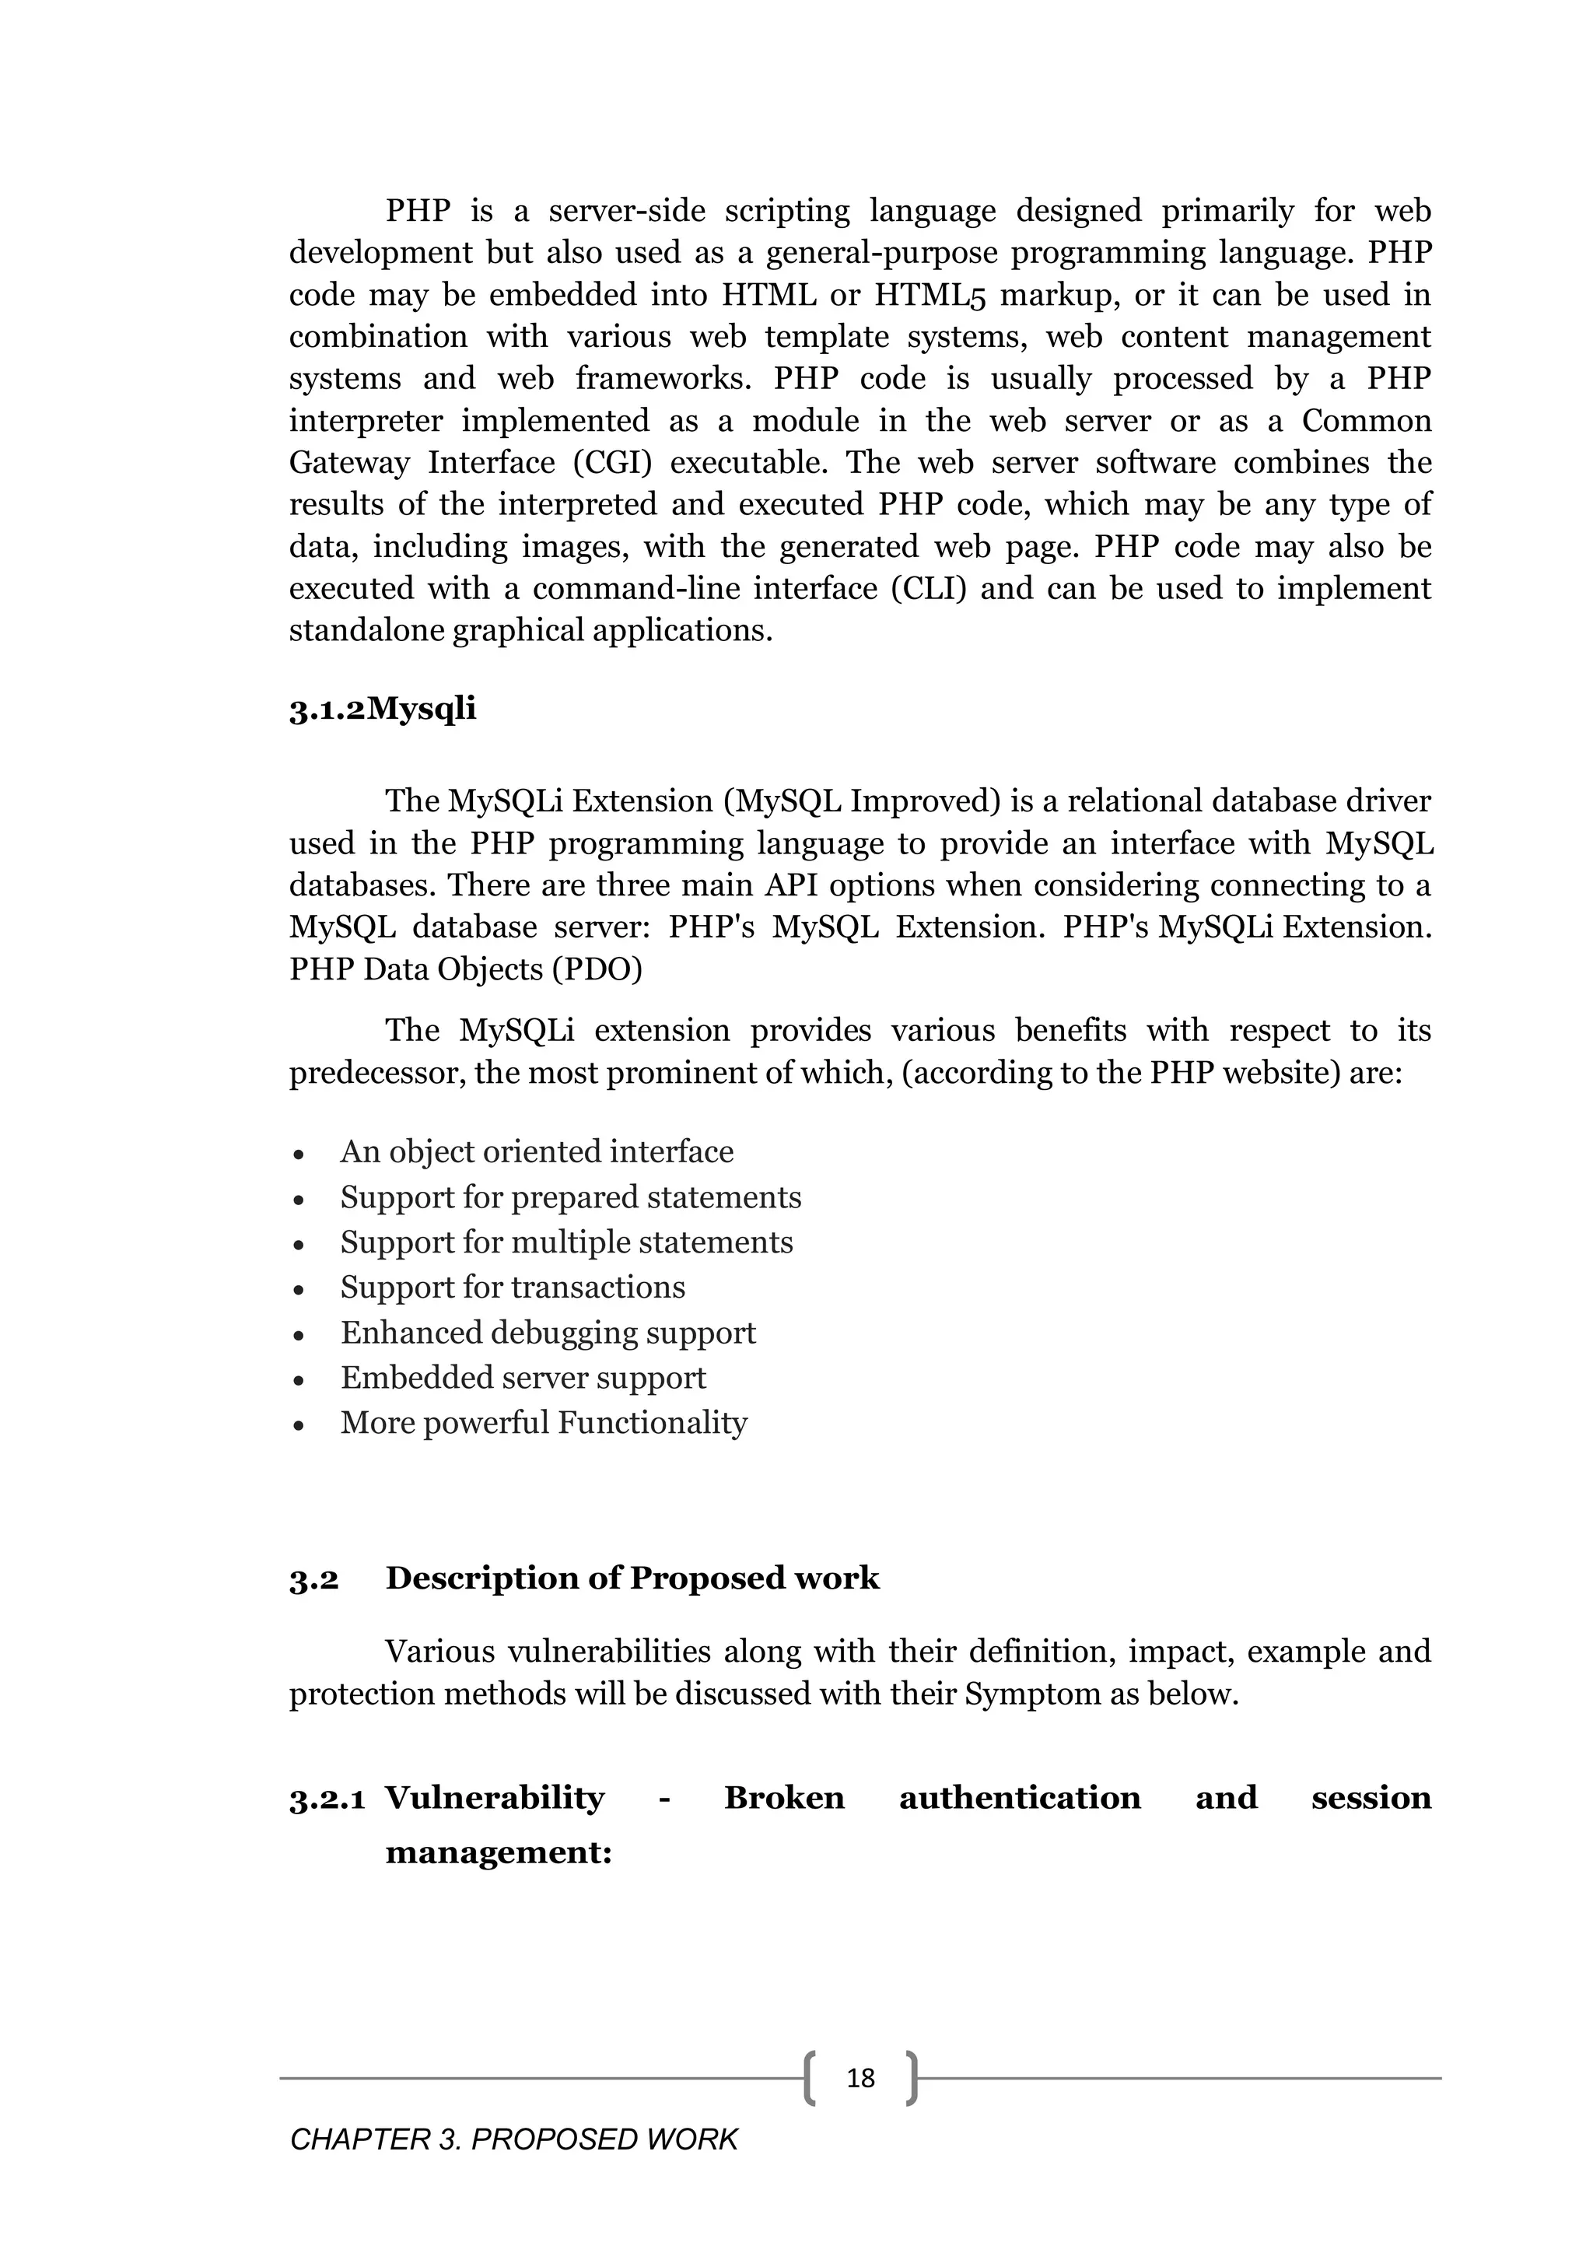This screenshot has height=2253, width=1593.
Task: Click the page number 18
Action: pos(860,2077)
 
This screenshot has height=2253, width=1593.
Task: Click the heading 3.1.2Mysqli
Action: pos(383,709)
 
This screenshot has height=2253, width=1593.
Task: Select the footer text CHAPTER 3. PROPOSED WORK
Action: pos(513,2139)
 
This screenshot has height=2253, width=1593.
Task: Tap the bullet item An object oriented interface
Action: pos(537,1151)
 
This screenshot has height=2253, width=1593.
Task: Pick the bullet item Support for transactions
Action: pos(512,1287)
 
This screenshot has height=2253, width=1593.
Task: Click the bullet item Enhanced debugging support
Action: pos(548,1333)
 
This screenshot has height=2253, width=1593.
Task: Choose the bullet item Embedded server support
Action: pos(523,1378)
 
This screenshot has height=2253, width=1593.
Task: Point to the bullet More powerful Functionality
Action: pos(544,1423)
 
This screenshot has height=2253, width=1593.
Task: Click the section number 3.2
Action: pos(314,1579)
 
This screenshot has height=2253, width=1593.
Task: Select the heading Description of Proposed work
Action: pos(632,1578)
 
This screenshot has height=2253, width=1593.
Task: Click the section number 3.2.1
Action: pos(327,1799)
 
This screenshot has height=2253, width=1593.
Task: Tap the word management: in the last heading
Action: pos(499,1852)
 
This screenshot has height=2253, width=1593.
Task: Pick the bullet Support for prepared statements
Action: pos(571,1197)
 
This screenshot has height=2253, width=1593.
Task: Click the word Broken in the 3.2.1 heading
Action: pos(784,1798)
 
